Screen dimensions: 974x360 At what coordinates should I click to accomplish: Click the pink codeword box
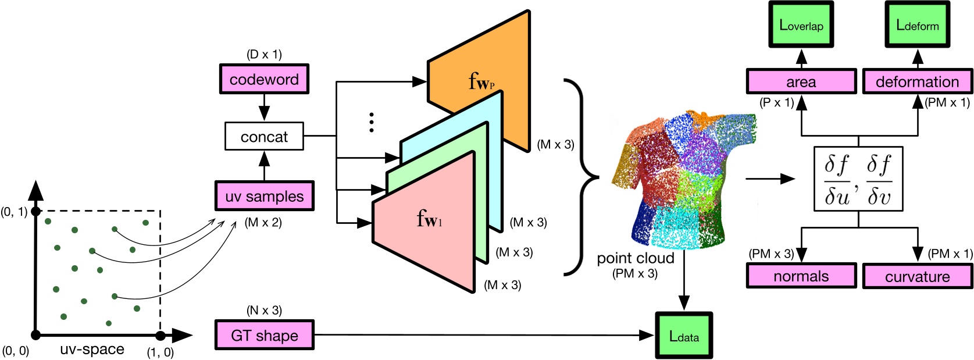264,79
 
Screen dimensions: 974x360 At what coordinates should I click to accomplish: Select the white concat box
264,137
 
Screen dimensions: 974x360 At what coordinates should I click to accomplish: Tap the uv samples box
265,196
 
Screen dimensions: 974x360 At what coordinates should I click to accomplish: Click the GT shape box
265,335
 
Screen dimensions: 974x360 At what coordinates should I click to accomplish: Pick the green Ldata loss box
684,336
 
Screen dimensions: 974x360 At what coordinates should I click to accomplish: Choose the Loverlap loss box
801,24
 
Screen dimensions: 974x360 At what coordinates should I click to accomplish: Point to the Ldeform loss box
918,24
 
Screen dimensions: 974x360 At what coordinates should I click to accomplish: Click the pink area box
801,81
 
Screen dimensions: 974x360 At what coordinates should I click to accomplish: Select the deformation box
918,81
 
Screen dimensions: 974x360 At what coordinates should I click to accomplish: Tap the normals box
801,276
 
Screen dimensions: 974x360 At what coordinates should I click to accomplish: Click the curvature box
918,276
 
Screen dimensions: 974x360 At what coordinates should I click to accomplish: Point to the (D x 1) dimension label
264,54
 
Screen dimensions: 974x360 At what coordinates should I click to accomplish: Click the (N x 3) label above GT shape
264,311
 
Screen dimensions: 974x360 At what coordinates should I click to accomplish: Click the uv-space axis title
92,349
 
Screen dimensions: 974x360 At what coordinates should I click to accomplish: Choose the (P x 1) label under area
777,103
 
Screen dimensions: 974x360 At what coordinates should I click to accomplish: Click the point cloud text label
635,258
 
